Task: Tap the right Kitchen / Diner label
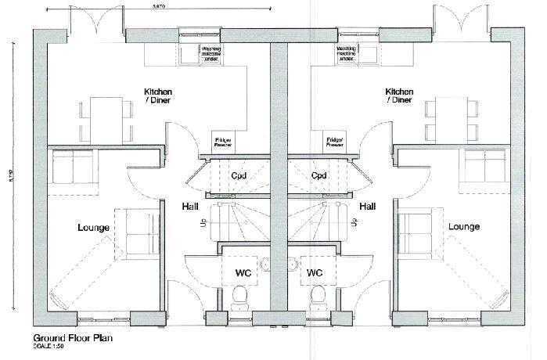399,95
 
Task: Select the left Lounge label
93,228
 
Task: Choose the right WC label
315,273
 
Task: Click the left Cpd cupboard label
239,175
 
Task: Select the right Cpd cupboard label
318,175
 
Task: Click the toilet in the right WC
317,297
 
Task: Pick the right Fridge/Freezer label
335,142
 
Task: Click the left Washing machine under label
213,54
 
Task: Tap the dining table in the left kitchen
106,117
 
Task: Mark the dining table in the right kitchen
449,117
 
